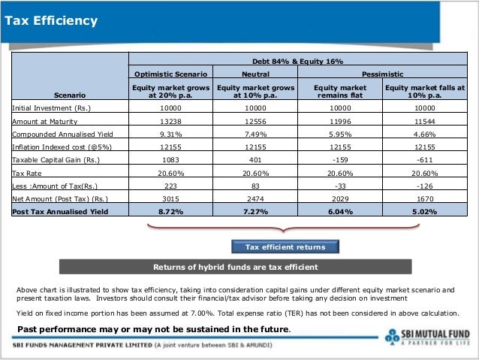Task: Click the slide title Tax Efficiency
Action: coord(51,20)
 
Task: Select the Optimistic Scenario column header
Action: coord(170,74)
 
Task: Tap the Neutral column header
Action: coord(255,74)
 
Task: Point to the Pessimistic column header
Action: coord(383,74)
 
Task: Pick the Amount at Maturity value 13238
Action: coord(170,121)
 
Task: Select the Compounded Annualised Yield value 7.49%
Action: coord(255,134)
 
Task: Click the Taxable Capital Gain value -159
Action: coord(340,160)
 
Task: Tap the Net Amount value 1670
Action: coord(425,198)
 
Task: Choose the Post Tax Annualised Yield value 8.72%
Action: coord(170,212)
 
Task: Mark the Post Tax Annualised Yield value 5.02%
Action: coord(425,212)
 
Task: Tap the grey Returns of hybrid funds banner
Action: coord(236,267)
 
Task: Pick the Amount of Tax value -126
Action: coord(425,186)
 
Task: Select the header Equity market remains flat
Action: coord(340,92)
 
